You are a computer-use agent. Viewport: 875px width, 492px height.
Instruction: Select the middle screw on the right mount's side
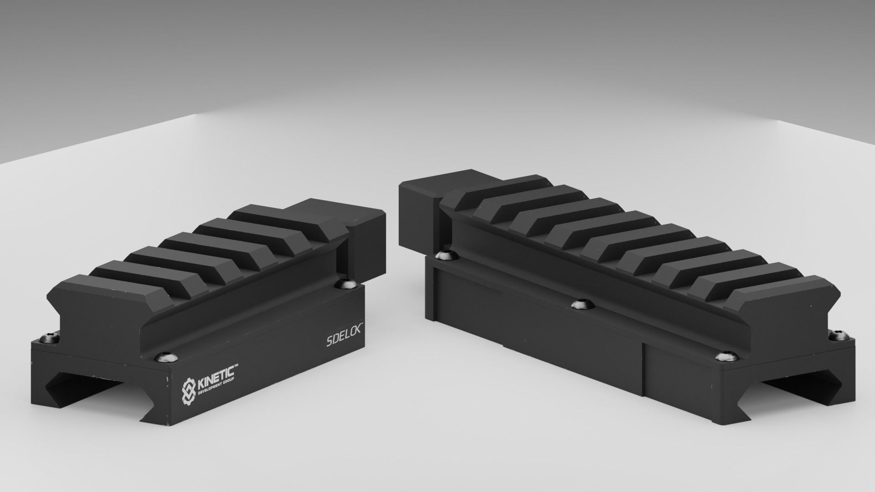pyautogui.click(x=581, y=304)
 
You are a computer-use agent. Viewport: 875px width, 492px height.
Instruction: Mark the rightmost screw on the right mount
pyautogui.click(x=838, y=336)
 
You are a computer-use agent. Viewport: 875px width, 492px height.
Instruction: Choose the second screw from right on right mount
pyautogui.click(x=726, y=357)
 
